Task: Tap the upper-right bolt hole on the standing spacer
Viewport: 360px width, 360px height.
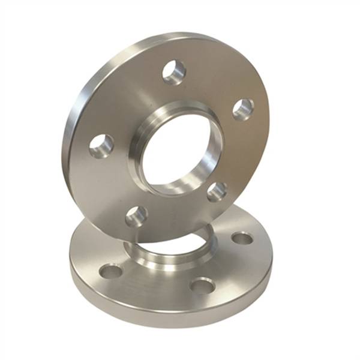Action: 243,109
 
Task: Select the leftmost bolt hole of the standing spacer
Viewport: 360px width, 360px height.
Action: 101,146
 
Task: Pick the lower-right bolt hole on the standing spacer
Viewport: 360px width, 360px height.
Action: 217,191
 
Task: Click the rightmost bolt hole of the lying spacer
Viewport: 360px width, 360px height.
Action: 242,238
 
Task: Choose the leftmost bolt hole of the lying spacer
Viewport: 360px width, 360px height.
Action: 110,271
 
